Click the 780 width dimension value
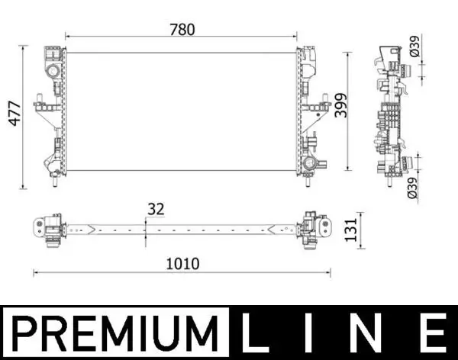click(183, 30)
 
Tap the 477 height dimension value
click(12, 118)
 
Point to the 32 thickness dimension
click(155, 209)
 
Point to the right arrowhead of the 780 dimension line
click(294, 36)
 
